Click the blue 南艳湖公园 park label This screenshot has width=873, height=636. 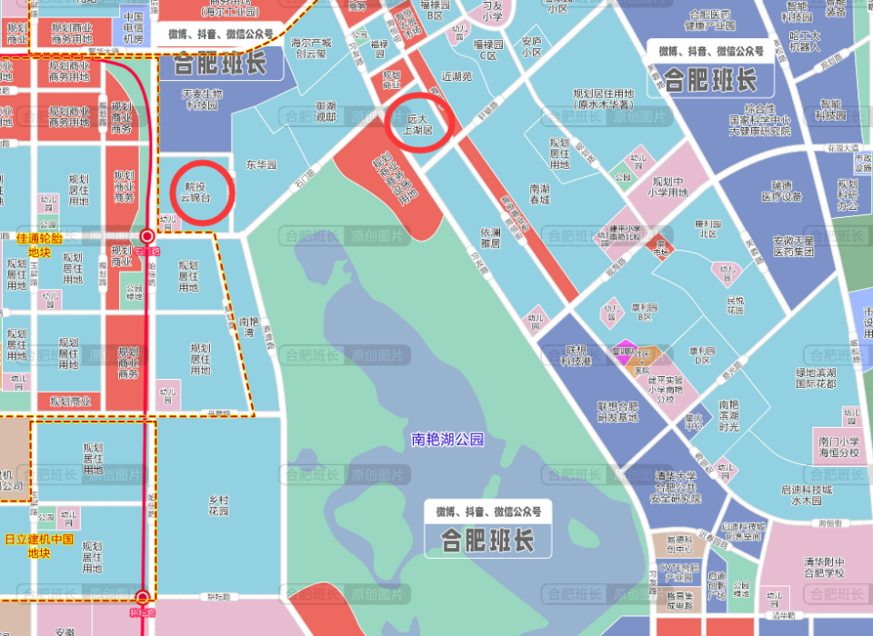click(x=447, y=440)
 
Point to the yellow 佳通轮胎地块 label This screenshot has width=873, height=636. click(x=40, y=244)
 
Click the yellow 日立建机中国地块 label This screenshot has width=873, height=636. click(x=38, y=545)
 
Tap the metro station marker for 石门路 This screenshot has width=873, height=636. click(x=146, y=236)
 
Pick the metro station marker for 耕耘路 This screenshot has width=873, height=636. click(x=142, y=598)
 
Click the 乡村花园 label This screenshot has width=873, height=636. click(x=218, y=505)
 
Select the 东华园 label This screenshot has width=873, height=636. click(x=261, y=165)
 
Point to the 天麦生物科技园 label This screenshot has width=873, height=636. click(x=202, y=98)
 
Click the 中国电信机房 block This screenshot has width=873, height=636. click(x=133, y=28)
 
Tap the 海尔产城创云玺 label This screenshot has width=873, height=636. click(x=309, y=47)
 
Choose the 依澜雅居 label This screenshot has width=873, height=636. click(x=492, y=237)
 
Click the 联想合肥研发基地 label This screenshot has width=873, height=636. click(x=617, y=412)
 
